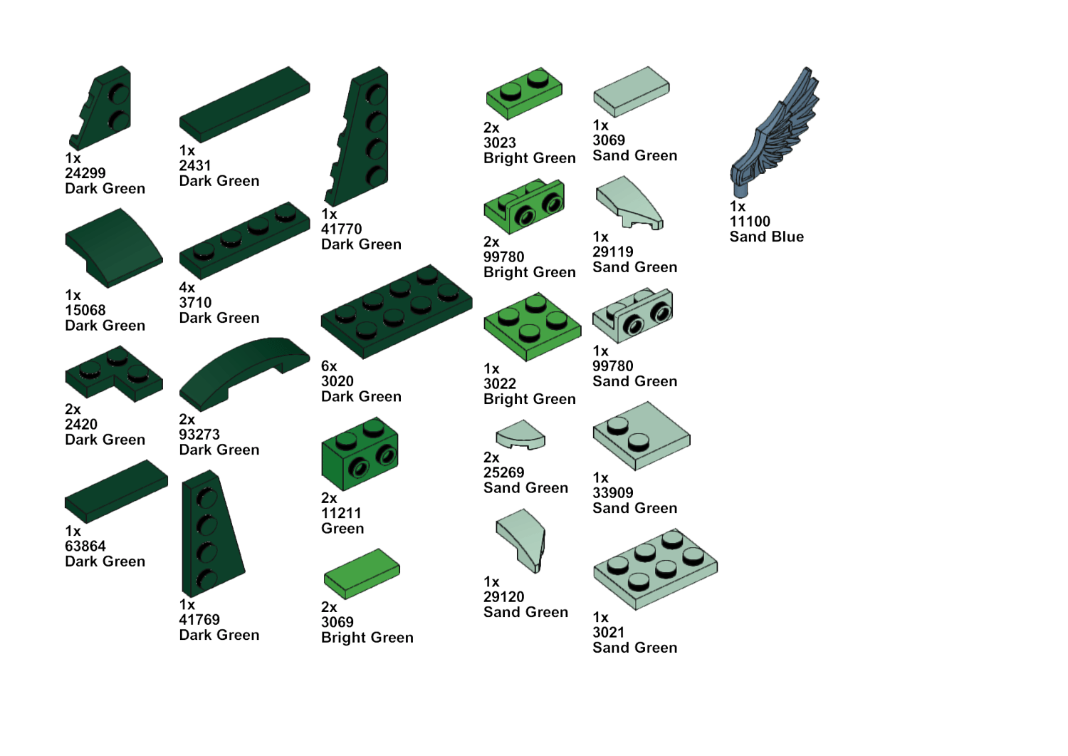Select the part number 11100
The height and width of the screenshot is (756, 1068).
(750, 222)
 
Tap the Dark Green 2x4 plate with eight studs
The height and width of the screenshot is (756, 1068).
(397, 311)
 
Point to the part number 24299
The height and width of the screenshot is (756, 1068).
(85, 172)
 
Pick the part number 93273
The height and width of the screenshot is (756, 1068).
(199, 435)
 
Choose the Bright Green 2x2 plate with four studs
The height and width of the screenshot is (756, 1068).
(533, 327)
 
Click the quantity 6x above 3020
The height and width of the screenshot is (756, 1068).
(329, 366)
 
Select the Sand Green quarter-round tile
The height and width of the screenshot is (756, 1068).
(520, 435)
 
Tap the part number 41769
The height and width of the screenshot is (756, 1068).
(199, 619)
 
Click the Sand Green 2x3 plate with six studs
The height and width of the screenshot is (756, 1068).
(655, 569)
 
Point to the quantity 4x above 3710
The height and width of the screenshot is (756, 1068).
(187, 287)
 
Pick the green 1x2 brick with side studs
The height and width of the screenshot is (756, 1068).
(360, 453)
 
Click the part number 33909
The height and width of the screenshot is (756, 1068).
(612, 492)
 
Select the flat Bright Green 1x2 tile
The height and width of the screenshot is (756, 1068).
(362, 574)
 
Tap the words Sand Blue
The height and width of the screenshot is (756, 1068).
(767, 237)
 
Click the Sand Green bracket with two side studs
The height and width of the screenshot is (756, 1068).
(633, 315)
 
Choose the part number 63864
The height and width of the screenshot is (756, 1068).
(85, 546)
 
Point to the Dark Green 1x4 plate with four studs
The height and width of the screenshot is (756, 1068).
(245, 241)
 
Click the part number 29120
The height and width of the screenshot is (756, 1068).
(504, 596)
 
